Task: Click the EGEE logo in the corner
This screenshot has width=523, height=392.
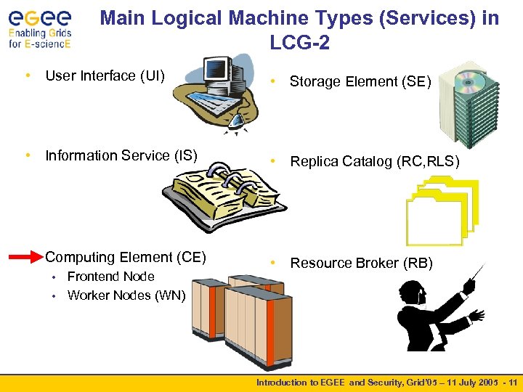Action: (x=40, y=28)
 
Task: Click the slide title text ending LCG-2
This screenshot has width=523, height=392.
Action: (x=299, y=30)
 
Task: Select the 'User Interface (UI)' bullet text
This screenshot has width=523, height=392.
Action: (x=105, y=75)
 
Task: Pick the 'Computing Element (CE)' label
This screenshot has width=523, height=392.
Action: (x=126, y=257)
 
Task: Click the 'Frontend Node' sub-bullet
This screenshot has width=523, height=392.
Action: (x=110, y=277)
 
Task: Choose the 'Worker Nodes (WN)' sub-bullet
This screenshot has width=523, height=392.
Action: (x=126, y=295)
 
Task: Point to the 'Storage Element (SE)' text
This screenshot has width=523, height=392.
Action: (x=360, y=82)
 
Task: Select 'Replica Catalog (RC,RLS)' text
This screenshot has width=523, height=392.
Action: (x=375, y=162)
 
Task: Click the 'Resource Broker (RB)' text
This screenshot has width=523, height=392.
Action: (x=361, y=264)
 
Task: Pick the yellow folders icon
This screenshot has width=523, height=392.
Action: (x=443, y=211)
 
